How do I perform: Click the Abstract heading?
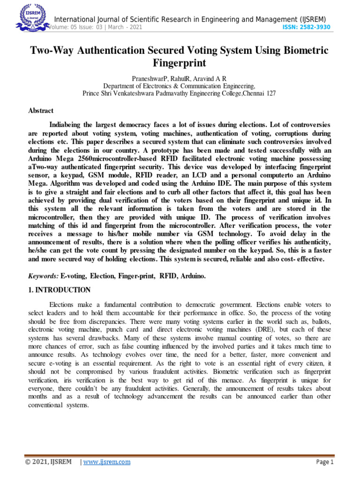point(41,111)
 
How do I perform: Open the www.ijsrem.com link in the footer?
point(107,462)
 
